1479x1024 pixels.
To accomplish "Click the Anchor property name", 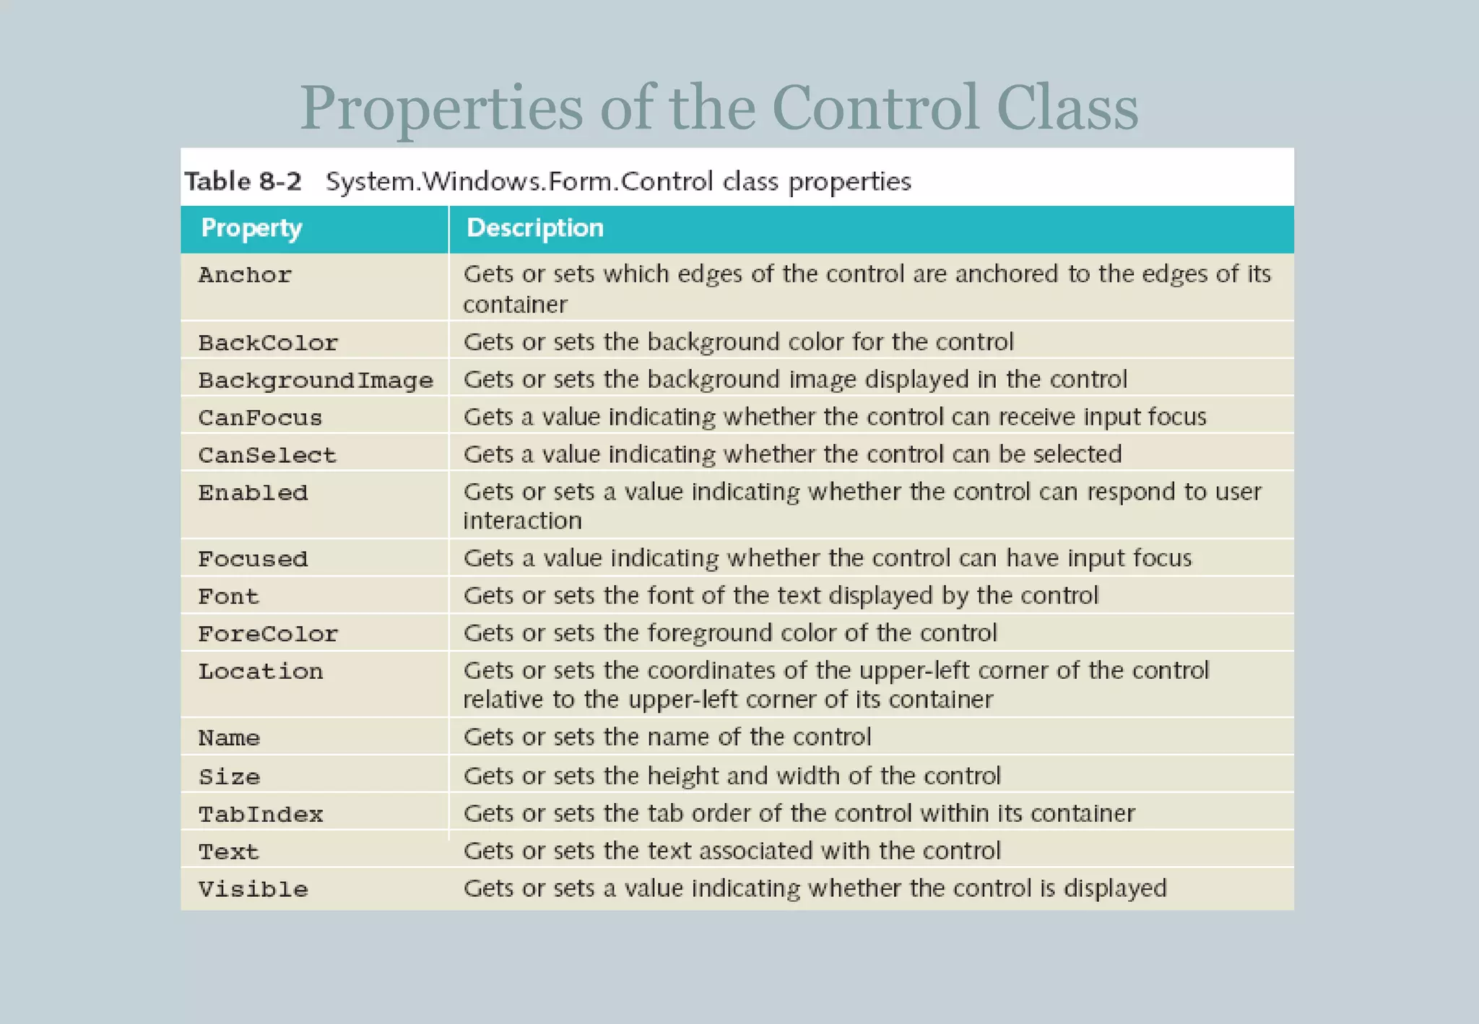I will [x=245, y=275].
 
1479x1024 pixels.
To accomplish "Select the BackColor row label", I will [x=268, y=343].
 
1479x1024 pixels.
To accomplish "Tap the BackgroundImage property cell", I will [x=316, y=381].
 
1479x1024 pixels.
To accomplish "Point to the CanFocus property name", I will [x=260, y=418].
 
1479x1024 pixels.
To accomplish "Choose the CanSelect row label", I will [x=267, y=456].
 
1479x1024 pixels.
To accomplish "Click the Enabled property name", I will [x=253, y=493].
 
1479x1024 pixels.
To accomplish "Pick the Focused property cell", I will [x=253, y=560].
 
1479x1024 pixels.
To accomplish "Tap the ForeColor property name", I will [x=268, y=634].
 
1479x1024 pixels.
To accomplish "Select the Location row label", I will [x=261, y=672].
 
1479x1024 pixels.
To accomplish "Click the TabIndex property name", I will [x=261, y=815].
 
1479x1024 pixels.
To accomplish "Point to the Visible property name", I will [x=253, y=889].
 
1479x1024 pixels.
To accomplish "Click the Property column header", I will [x=251, y=228].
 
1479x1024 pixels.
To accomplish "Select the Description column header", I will [x=534, y=228].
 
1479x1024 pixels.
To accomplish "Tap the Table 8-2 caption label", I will [x=243, y=181].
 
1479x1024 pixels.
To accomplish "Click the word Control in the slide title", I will [x=875, y=108].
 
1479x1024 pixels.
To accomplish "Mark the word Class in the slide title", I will [x=1067, y=108].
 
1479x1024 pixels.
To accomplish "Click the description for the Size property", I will [x=732, y=776].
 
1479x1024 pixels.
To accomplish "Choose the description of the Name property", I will [x=667, y=737].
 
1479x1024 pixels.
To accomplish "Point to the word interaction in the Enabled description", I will [x=522, y=521].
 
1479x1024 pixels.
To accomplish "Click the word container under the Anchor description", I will [x=515, y=305].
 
